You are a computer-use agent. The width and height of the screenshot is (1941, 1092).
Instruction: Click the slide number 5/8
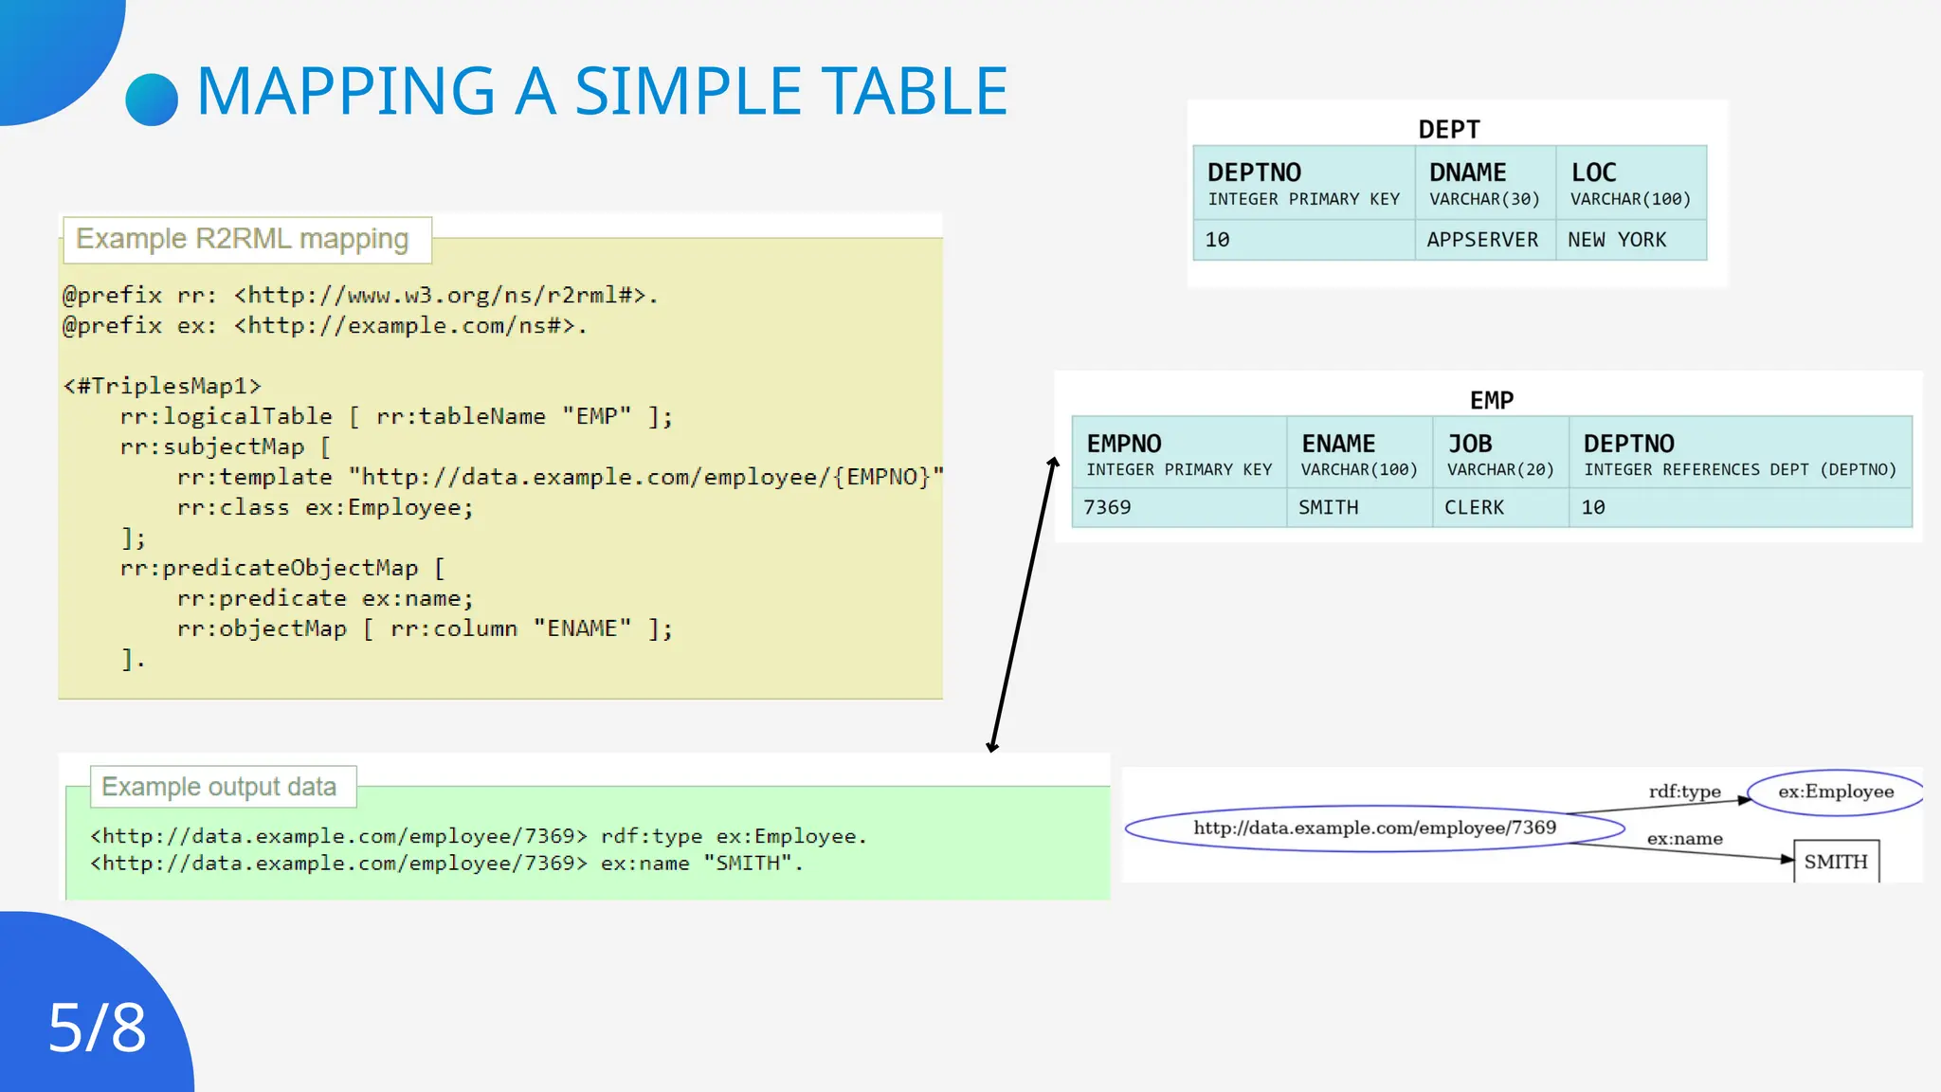[97, 1028]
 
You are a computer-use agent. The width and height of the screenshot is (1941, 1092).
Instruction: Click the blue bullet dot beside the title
[152, 100]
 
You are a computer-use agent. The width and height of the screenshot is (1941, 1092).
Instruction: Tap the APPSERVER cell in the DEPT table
[1482, 240]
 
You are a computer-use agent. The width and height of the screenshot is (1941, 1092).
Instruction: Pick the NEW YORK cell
[1617, 240]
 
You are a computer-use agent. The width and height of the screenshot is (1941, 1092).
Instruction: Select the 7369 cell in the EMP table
[1107, 507]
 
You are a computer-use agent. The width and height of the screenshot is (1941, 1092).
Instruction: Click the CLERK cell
[1474, 507]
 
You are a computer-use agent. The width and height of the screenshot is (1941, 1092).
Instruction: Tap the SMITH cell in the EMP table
[1328, 507]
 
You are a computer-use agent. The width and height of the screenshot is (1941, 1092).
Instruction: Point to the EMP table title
[1491, 400]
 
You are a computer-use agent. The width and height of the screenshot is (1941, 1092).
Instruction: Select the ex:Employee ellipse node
[1835, 792]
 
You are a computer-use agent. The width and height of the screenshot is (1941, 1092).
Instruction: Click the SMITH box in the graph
[1835, 862]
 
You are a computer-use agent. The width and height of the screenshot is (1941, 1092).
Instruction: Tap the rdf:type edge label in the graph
[1684, 792]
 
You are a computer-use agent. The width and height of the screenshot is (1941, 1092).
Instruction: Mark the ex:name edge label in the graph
[1684, 839]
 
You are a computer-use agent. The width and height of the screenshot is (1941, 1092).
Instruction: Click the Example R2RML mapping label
[243, 239]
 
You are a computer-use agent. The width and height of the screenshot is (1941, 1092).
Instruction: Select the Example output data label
[219, 787]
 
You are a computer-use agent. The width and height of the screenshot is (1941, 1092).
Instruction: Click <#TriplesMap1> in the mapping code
[162, 386]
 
